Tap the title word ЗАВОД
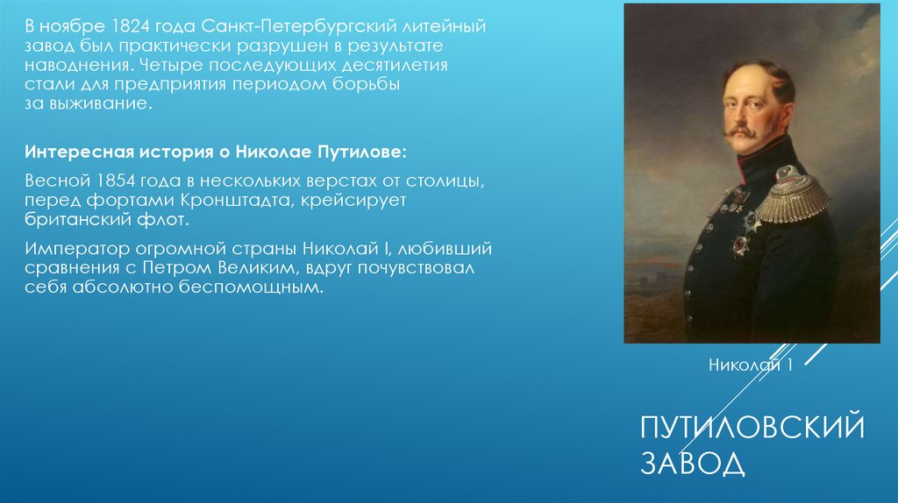[692, 463]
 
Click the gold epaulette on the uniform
[793, 198]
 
